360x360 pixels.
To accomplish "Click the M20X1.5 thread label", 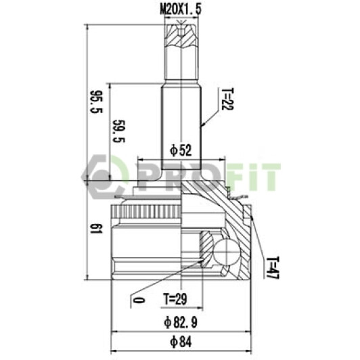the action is [x=181, y=9].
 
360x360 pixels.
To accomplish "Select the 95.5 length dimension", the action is [x=96, y=102].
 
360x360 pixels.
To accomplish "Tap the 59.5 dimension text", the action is [x=118, y=131].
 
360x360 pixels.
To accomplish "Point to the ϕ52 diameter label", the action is [x=181, y=150].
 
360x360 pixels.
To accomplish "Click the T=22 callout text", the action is [x=227, y=99].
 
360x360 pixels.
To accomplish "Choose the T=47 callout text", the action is [x=273, y=268].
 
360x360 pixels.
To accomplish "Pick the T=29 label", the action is [x=175, y=298].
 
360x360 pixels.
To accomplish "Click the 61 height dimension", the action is [x=96, y=229].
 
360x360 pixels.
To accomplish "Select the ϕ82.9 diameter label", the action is [x=181, y=322].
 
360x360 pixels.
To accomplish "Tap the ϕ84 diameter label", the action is [x=181, y=342].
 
